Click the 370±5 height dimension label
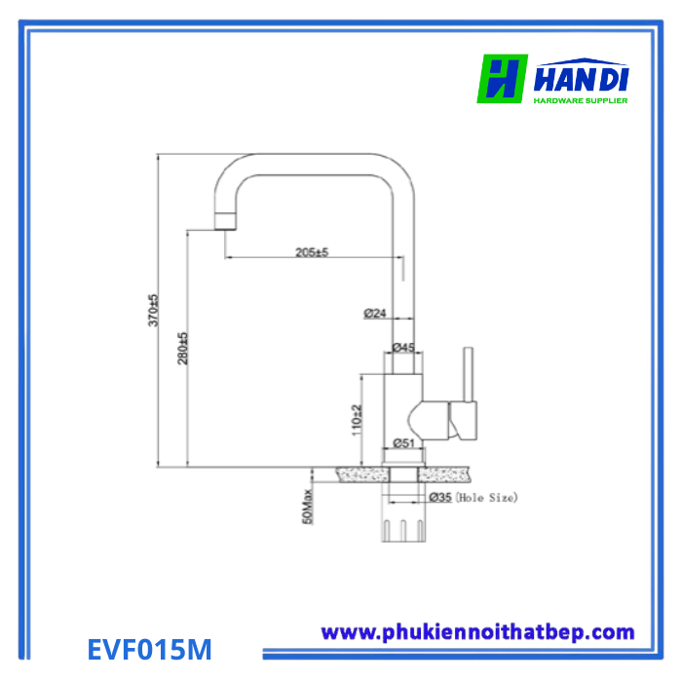pos(154,310)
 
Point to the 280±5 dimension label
pos(183,348)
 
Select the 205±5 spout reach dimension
pos(312,251)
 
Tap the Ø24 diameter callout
pos(375,313)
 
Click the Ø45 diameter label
pos(403,347)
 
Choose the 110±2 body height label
pos(357,420)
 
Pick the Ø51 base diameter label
pos(403,442)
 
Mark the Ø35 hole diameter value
pos(440,497)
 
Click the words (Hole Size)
pos(486,497)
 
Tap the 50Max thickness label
pos(308,507)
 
